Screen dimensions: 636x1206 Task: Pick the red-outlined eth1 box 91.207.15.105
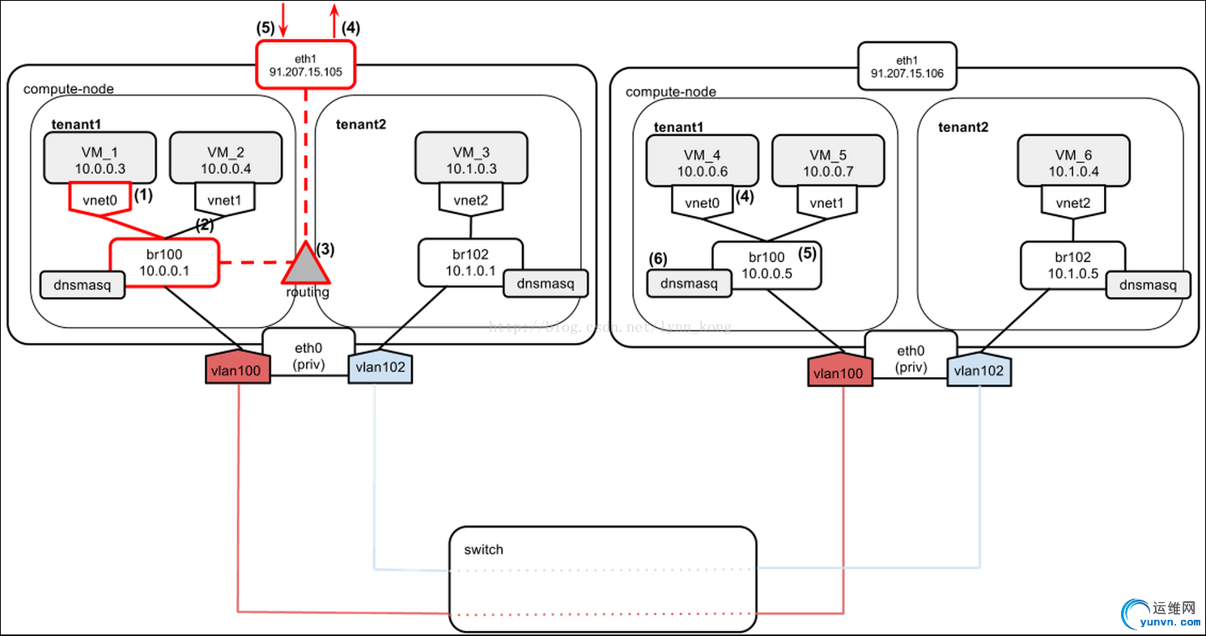click(306, 65)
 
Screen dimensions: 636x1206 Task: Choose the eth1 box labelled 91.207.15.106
click(907, 66)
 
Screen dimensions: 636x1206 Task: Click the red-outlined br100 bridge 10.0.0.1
click(163, 262)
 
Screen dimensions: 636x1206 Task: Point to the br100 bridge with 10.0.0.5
click(766, 265)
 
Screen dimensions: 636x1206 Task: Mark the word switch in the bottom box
click(483, 550)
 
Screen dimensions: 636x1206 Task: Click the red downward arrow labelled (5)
click(283, 19)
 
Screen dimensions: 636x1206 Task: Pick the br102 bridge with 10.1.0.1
click(470, 262)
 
